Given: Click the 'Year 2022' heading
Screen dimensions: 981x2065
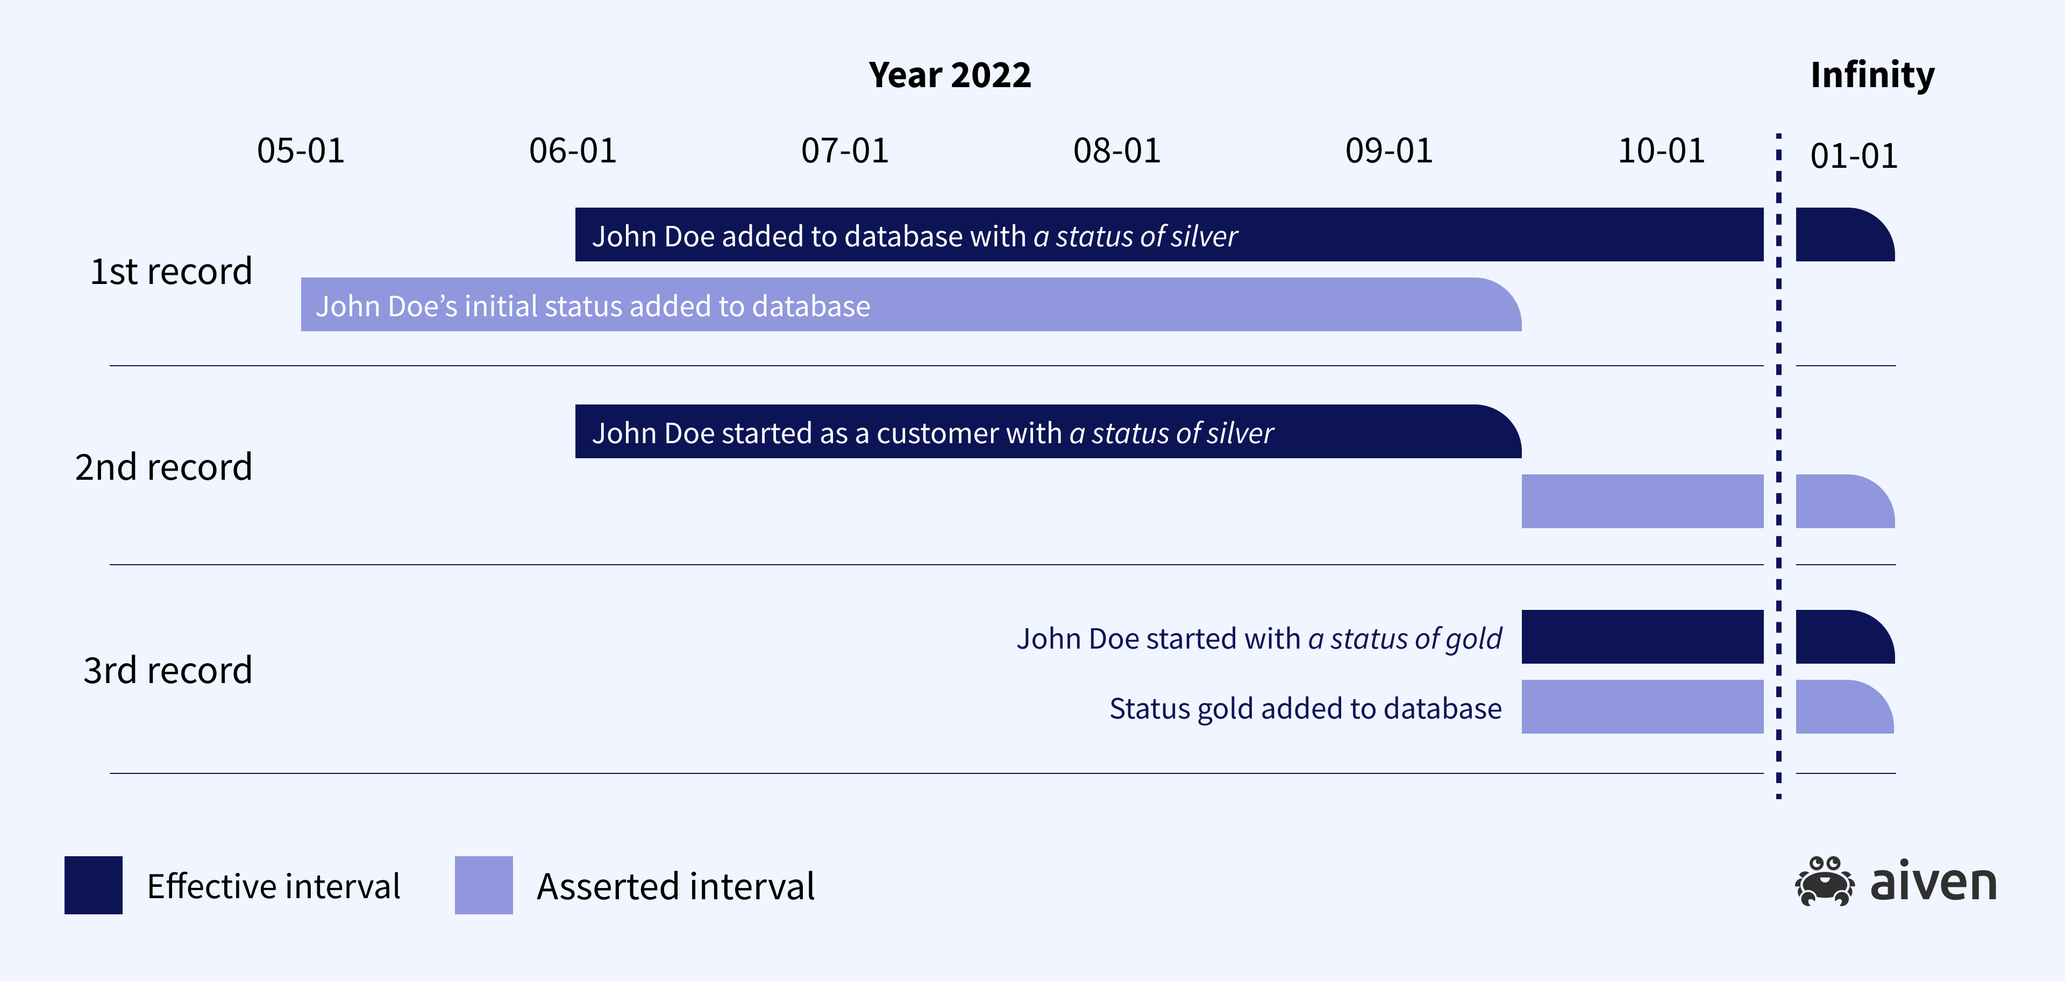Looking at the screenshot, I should tap(950, 75).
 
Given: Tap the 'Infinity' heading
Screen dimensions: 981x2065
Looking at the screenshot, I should tap(1872, 75).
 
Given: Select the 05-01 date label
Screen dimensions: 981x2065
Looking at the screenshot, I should tap(301, 151).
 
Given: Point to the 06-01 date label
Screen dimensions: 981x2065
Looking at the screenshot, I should tap(572, 151).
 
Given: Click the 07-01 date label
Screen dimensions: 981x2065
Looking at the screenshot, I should tap(845, 151).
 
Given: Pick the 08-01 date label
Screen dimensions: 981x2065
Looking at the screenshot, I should tap(1117, 151).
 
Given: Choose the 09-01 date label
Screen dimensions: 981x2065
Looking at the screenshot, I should tap(1388, 151).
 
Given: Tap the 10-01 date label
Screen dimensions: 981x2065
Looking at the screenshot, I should tap(1661, 151).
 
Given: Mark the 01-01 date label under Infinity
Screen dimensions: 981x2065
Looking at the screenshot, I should tap(1853, 155).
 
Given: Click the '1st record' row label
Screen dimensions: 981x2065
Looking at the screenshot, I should tap(171, 272).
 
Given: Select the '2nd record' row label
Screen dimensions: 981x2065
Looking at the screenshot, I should tap(163, 467).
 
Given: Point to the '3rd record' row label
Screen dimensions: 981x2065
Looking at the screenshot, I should tap(168, 670).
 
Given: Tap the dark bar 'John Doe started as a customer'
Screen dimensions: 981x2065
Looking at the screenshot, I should tap(1047, 432).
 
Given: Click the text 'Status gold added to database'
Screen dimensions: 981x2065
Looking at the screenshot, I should tap(1305, 708).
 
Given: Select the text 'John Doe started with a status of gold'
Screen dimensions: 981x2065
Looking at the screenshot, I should tap(1258, 639).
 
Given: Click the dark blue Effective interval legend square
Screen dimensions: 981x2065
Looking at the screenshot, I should tap(93, 885).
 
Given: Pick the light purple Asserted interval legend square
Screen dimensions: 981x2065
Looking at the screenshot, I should tap(483, 885).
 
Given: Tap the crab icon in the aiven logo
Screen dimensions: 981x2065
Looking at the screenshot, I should tap(1824, 882).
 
